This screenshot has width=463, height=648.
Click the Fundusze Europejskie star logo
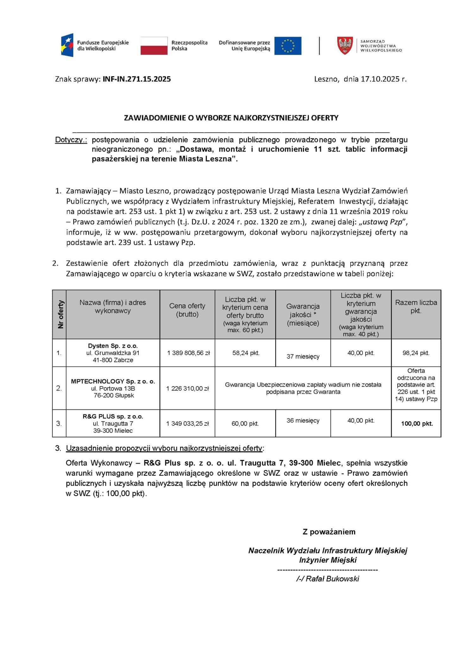tap(67, 45)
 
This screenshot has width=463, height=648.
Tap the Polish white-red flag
tap(154, 46)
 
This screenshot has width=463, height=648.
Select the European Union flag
tap(288, 46)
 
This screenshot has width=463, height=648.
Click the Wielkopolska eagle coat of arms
tap(345, 46)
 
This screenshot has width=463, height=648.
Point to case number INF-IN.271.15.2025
tap(136, 79)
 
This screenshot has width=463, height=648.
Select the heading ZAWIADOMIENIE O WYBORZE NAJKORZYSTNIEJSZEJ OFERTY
tap(231, 118)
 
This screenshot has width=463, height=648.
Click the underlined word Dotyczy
tap(71, 140)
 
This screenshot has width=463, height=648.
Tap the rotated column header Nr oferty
tap(60, 314)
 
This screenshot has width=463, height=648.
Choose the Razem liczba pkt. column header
tap(416, 306)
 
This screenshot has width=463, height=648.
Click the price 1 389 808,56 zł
tap(188, 353)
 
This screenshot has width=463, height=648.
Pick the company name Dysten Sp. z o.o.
tap(113, 346)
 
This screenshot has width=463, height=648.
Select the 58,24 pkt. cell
tap(246, 353)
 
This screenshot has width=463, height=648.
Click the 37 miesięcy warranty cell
tap(303, 356)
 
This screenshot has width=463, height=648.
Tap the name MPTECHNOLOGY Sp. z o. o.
tap(113, 381)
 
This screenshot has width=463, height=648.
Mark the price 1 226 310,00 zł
tap(187, 389)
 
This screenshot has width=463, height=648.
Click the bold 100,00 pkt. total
tap(416, 424)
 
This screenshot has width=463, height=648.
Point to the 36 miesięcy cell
tap(303, 421)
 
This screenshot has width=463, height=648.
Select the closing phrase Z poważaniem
tap(329, 532)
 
